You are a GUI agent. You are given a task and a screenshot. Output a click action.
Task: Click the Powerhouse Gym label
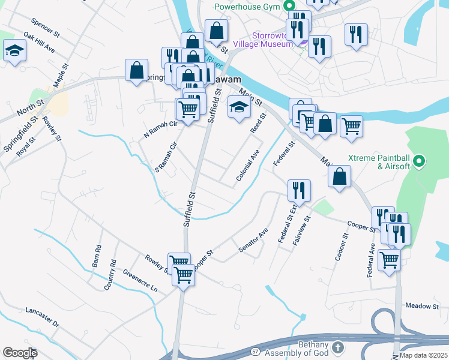249,7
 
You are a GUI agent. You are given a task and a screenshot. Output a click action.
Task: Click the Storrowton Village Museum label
272,40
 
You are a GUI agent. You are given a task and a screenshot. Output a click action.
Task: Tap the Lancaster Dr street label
42,317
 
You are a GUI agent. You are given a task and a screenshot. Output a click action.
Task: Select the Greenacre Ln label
140,280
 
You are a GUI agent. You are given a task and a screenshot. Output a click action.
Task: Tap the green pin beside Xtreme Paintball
420,161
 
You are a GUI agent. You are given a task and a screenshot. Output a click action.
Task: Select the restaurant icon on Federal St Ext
298,191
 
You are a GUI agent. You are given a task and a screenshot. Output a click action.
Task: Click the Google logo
20,353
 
